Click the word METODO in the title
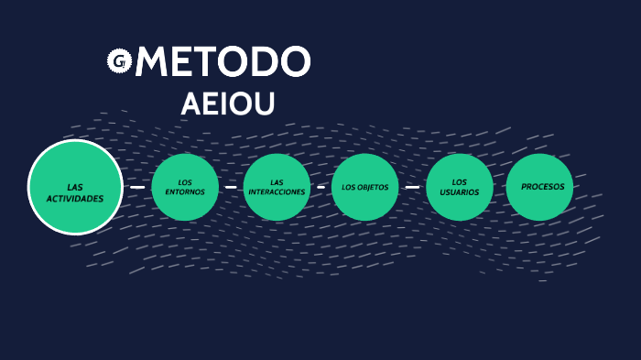coord(223,62)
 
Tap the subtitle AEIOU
coord(228,104)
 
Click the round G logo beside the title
coord(119,61)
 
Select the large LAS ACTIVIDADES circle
coord(75,187)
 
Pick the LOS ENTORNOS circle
coord(185,187)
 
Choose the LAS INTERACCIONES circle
coord(277,187)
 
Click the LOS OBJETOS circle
coord(365,187)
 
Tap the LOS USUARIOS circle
coord(460,187)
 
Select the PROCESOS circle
coord(540,187)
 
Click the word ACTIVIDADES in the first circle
coord(75,198)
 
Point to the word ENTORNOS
coord(185,192)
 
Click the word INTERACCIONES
coord(277,192)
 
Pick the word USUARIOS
coord(460,192)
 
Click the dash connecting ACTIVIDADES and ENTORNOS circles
coord(137,187)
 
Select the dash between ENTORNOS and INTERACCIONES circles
coord(231,187)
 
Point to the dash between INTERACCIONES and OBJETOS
coord(320,187)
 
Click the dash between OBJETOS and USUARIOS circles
coord(412,187)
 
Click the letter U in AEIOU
coord(263,104)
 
